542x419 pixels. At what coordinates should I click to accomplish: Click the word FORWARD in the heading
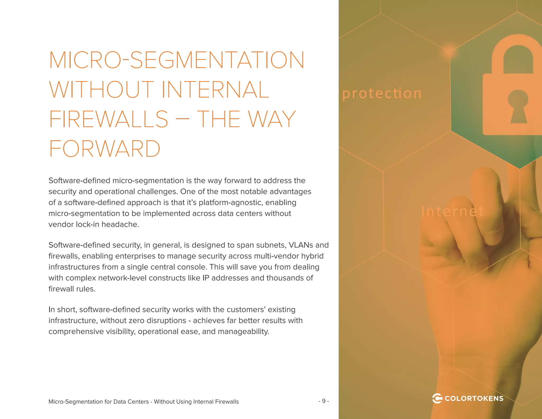tap(105, 148)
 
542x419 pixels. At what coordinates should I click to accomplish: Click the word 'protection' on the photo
tap(382, 93)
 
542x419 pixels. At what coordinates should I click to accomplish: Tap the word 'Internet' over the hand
tap(453, 211)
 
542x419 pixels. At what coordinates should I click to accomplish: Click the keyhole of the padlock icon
tap(518, 106)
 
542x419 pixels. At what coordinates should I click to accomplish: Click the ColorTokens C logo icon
tap(437, 398)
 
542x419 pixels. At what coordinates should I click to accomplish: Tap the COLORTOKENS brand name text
tap(474, 399)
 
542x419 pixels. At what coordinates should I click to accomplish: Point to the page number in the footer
tap(324, 402)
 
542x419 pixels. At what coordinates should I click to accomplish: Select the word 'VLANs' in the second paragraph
tap(301, 245)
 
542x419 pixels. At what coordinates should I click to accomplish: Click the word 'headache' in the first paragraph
tap(120, 225)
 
